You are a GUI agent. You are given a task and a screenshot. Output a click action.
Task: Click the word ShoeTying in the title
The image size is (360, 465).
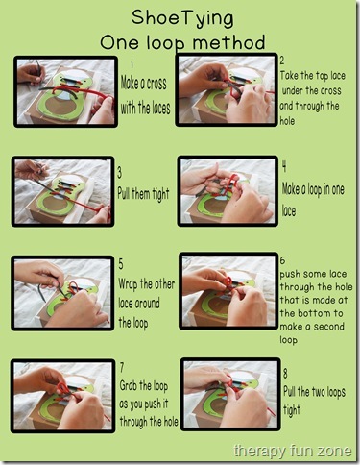point(182,18)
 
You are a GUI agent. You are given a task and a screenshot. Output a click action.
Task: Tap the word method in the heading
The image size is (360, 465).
point(229,42)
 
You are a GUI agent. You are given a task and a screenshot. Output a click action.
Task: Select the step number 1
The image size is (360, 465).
point(132,64)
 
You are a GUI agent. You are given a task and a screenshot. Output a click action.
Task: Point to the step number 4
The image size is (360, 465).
point(284,167)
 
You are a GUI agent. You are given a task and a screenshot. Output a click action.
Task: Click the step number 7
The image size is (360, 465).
point(122,367)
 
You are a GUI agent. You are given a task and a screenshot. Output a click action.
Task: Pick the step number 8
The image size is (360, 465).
point(285,374)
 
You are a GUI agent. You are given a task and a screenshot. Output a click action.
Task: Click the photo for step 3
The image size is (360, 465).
point(63,191)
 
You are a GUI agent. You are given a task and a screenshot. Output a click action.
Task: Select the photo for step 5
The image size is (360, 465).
point(62,293)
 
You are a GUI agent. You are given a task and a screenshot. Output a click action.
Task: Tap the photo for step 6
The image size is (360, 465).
point(228,291)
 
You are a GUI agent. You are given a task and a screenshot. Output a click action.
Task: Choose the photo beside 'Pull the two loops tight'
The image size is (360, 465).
point(230,394)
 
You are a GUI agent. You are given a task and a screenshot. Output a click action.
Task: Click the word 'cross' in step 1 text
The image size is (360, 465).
point(156,85)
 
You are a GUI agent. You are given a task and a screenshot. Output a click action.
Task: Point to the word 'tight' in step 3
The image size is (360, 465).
point(160,195)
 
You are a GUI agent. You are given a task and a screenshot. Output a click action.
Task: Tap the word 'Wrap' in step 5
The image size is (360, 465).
point(129,284)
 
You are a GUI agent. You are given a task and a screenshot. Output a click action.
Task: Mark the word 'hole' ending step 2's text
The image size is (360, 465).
point(287,121)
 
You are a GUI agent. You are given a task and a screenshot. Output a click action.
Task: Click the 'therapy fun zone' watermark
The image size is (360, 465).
point(293,451)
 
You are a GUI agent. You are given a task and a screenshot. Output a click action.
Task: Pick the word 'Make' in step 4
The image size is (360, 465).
point(292,189)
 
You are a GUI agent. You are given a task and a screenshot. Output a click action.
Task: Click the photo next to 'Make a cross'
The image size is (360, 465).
point(65,92)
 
